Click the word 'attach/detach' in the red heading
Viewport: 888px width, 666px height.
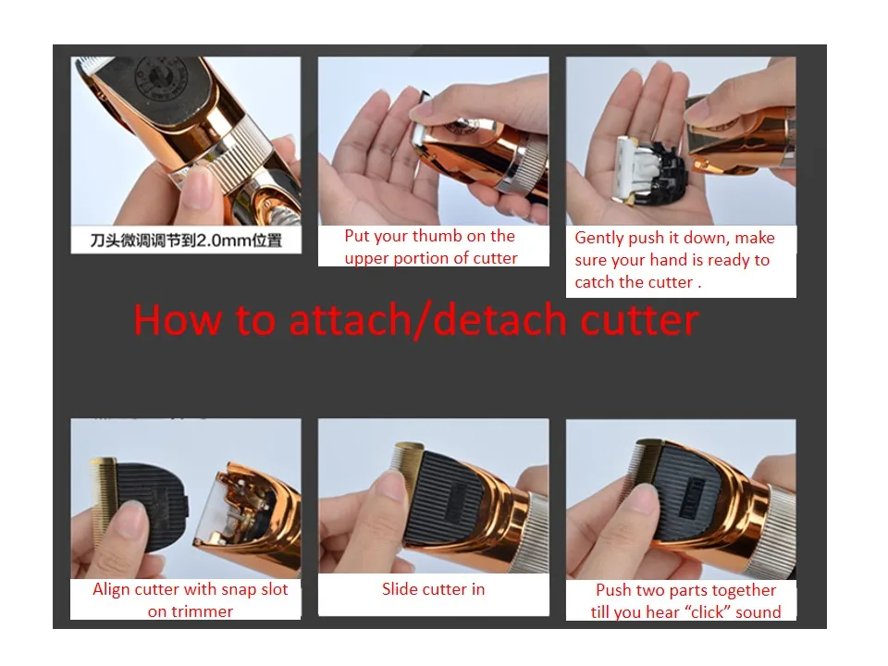426,320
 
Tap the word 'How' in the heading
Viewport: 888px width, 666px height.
177,320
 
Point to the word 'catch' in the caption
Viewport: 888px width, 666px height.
595,282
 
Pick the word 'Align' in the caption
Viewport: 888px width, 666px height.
112,589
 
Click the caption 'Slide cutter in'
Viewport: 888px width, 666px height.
433,589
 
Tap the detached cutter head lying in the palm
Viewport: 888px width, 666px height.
650,170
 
